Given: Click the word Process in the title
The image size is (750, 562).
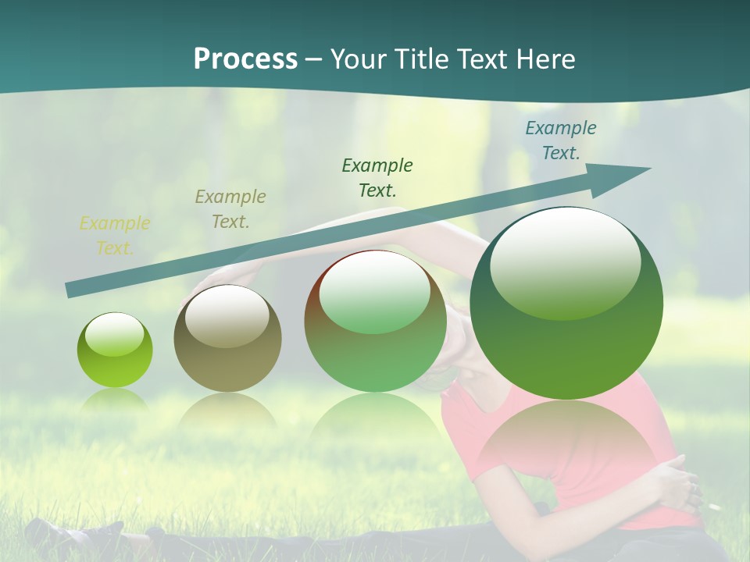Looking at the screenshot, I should coord(245,59).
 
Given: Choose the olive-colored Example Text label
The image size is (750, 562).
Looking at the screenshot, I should coord(230,208).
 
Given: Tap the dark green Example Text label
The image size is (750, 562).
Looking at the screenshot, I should coord(377,177).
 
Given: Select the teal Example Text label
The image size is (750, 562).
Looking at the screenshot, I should coord(560,140).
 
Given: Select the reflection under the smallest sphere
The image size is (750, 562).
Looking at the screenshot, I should coord(115,402).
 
